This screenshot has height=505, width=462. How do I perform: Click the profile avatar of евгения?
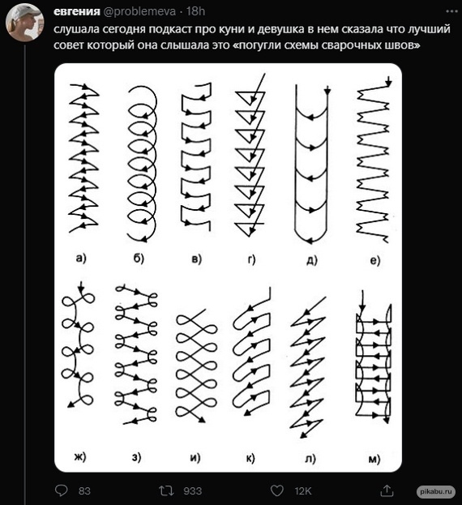click(24, 24)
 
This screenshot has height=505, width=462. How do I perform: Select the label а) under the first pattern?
click(81, 259)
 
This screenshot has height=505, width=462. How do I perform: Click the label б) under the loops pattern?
click(139, 259)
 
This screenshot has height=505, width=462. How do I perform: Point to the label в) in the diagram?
click(195, 259)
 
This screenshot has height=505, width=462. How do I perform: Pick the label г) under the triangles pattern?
click(251, 259)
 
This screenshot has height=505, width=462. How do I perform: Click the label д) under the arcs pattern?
click(311, 259)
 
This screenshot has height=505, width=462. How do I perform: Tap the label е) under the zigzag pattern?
click(374, 260)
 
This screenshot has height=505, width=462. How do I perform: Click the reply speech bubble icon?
click(62, 490)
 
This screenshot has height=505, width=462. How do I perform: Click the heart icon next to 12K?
click(276, 490)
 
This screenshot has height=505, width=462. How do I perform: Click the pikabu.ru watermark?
click(437, 491)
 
